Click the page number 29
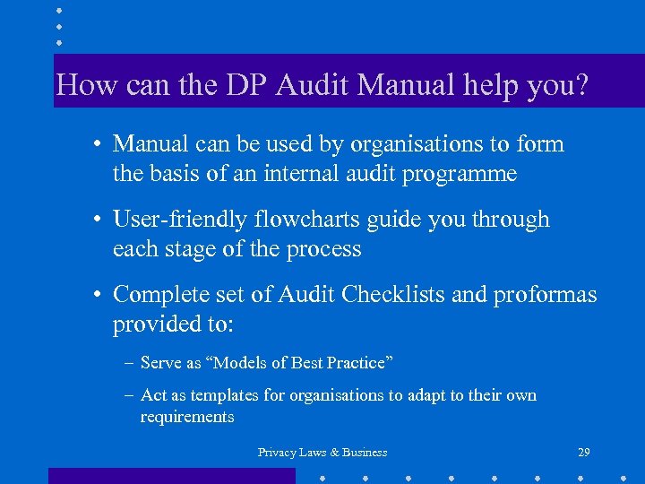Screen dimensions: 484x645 coord(584,452)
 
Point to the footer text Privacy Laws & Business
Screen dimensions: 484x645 coord(322,453)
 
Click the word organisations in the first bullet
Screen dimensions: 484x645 coord(414,144)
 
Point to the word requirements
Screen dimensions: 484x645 coord(187,417)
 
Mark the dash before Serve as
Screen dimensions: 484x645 coord(131,363)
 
